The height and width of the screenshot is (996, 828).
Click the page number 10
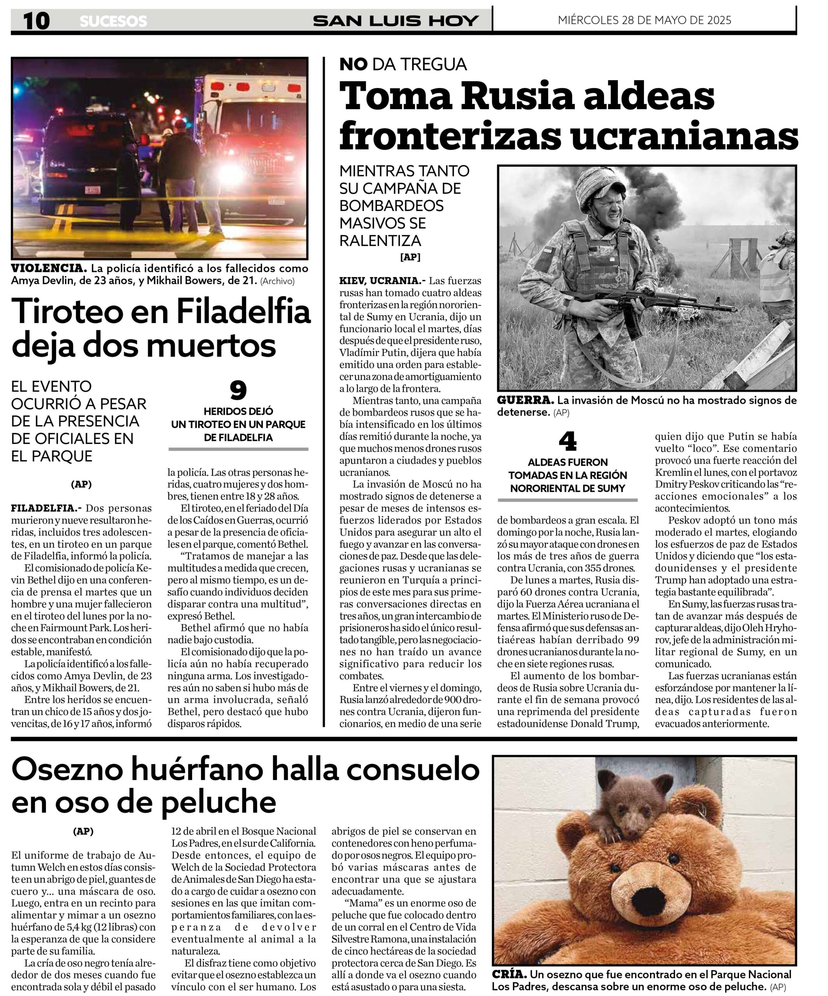tap(36, 21)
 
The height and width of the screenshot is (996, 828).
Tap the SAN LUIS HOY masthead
tap(395, 21)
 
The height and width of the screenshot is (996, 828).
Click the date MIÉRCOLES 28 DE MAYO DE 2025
tap(644, 20)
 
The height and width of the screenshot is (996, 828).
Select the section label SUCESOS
tap(113, 21)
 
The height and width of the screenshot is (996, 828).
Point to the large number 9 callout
tap(238, 390)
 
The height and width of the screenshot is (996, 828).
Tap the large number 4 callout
tap(567, 441)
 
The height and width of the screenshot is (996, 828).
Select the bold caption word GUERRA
tap(525, 400)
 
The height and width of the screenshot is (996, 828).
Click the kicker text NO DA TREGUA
tap(403, 64)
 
